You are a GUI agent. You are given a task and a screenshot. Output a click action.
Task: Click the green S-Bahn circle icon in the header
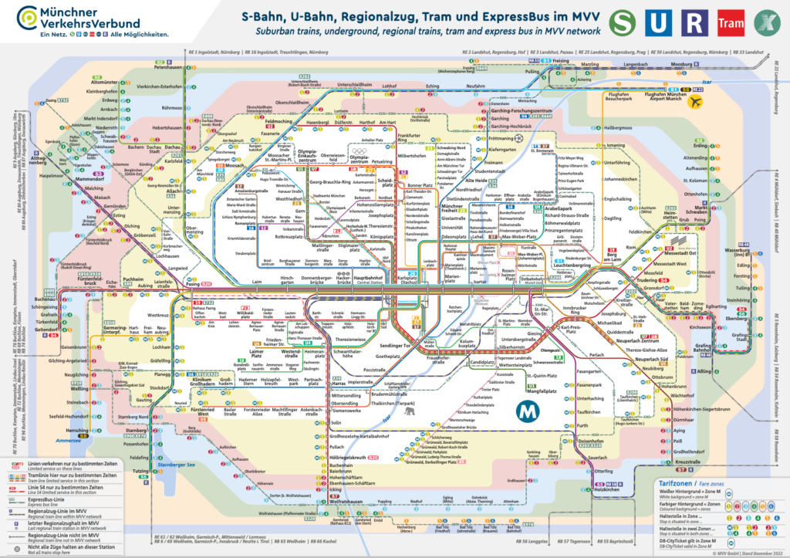coord(624,22)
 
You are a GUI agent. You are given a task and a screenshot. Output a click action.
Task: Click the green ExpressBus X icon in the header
coord(766,22)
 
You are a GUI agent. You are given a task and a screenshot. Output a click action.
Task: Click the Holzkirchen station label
coord(607,489)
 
